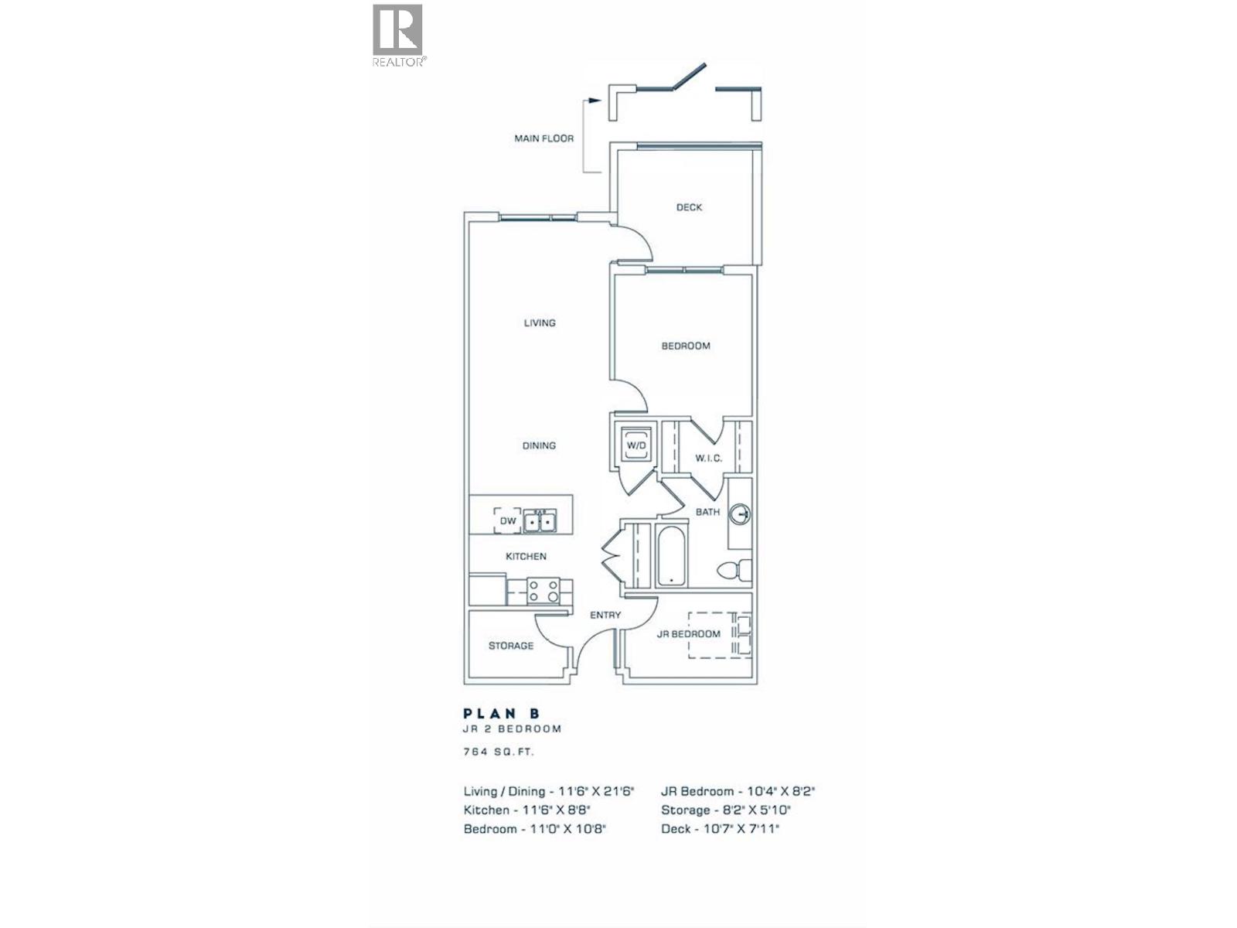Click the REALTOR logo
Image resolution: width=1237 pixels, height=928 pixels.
coord(398,35)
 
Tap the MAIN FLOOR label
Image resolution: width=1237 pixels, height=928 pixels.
coord(544,138)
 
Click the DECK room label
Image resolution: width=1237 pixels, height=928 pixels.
coord(689,207)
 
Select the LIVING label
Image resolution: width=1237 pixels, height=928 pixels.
coord(540,322)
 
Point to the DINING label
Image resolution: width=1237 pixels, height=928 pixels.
coord(539,445)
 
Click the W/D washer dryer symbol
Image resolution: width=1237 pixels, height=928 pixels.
coord(636,446)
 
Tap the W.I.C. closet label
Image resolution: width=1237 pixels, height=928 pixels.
coord(708,459)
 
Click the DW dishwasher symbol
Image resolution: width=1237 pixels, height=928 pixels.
coord(508,521)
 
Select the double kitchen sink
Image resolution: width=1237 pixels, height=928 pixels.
coord(540,522)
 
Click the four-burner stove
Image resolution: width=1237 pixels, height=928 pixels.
coord(544,592)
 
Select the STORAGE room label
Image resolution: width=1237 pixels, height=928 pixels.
coord(511,646)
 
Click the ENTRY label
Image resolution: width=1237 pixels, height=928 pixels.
coord(605,616)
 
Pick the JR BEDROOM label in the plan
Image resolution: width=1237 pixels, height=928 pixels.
coord(688,634)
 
